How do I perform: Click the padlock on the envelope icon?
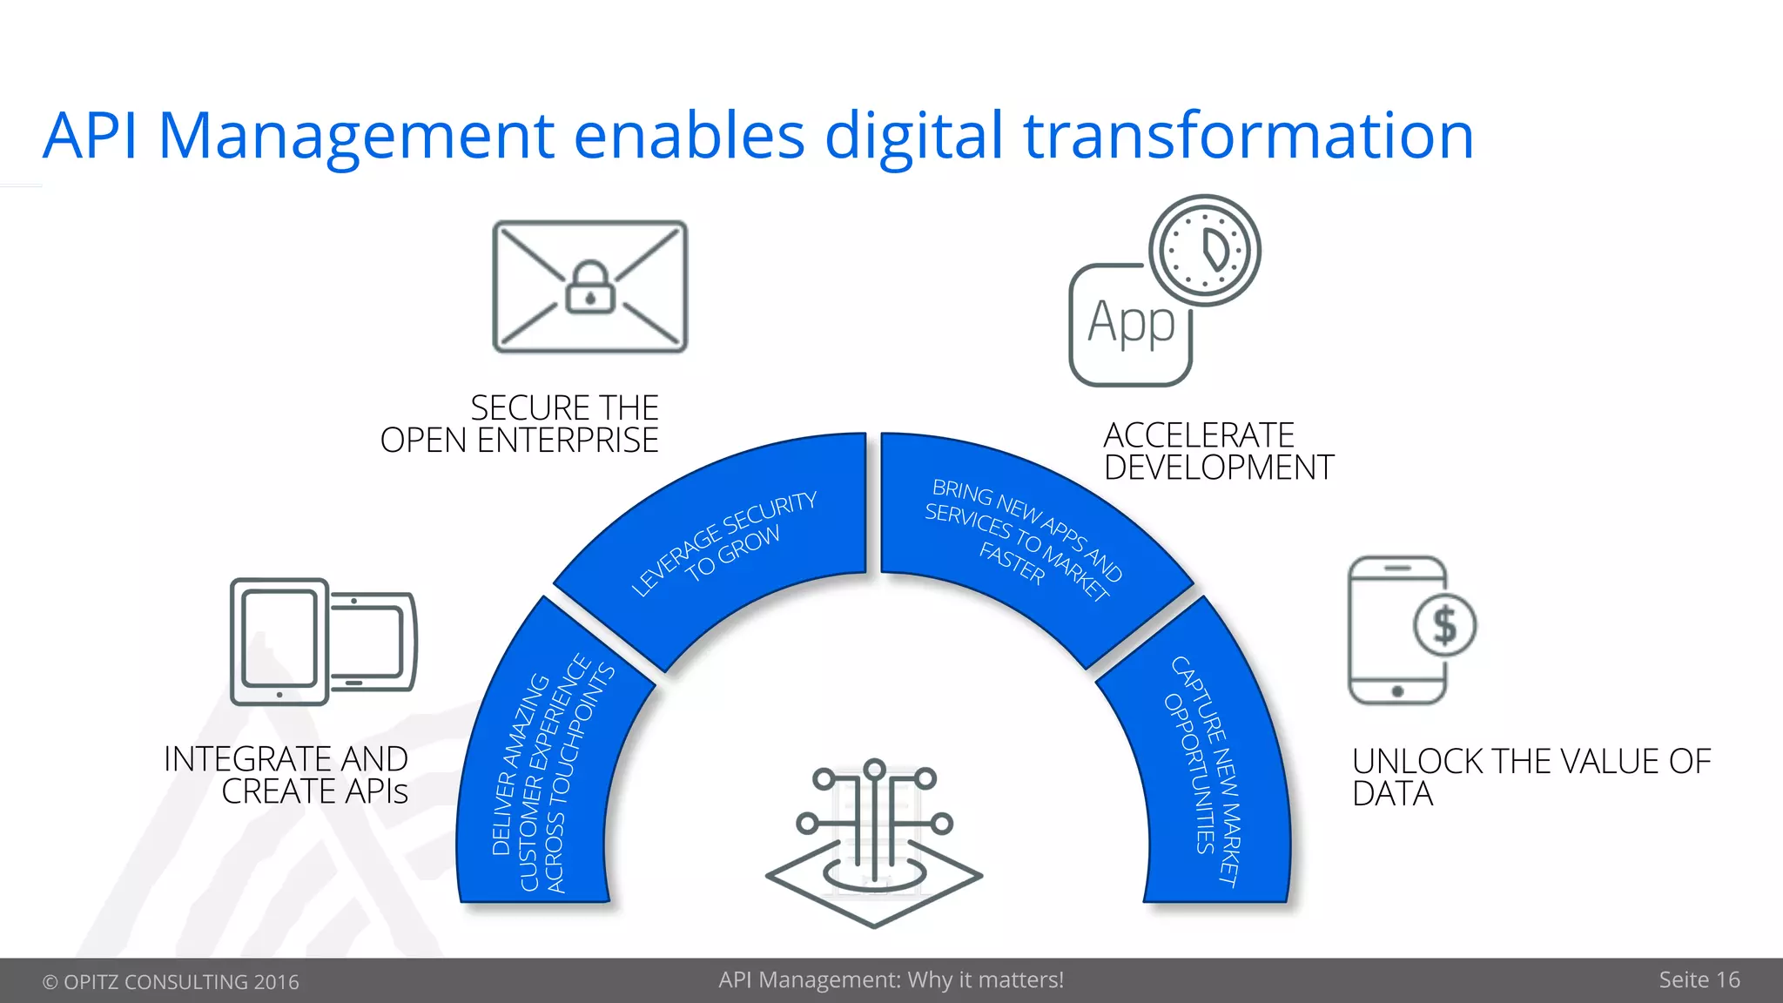[x=590, y=289]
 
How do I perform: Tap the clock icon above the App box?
[x=1205, y=250]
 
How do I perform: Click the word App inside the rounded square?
[x=1131, y=323]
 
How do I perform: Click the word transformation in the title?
[x=1248, y=136]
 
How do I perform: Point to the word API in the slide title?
[x=90, y=136]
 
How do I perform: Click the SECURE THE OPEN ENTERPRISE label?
[x=520, y=424]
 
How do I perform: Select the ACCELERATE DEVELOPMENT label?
[x=1218, y=451]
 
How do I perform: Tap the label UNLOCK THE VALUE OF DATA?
[x=1531, y=777]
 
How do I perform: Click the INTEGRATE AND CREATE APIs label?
[x=286, y=775]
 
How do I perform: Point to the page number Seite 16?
[x=1699, y=980]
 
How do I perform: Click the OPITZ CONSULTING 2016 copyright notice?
[x=171, y=982]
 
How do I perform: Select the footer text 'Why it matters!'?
[x=986, y=980]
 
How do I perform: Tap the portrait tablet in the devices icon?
[x=279, y=642]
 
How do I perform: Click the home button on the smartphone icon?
[x=1397, y=691]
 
